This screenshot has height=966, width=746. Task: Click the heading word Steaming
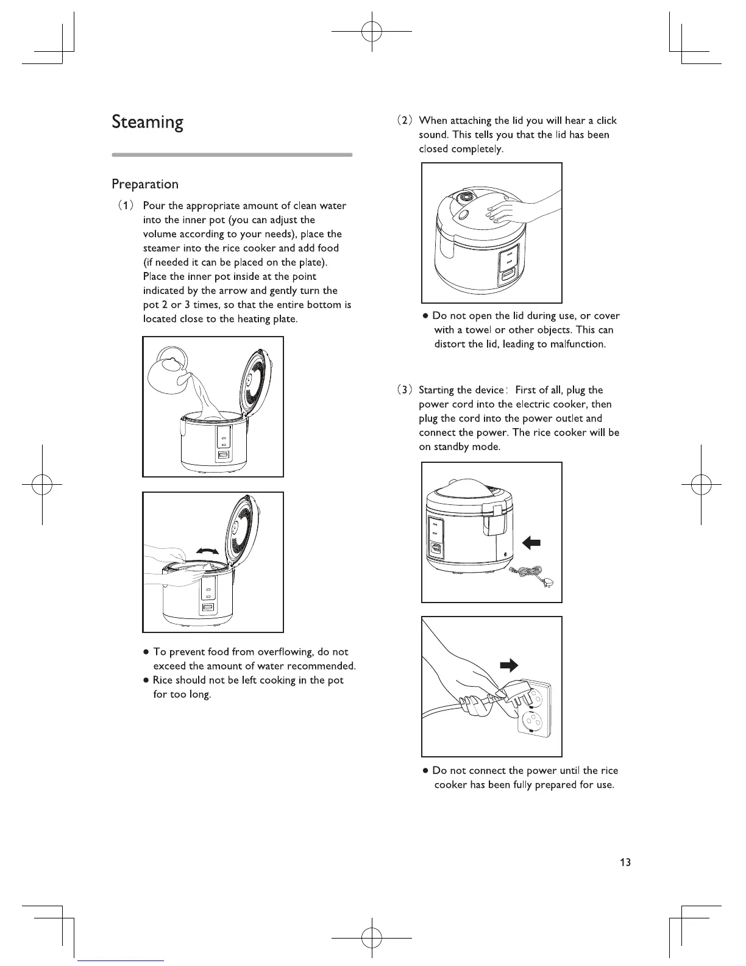tap(147, 123)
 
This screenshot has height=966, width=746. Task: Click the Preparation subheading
tap(145, 184)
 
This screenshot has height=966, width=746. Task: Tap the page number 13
tap(625, 862)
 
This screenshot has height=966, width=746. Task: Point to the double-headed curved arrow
tap(206, 551)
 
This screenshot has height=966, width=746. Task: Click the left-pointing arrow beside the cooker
tap(531, 542)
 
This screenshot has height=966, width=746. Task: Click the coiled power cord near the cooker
tap(530, 573)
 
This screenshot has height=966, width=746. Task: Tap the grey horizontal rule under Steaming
tap(232, 155)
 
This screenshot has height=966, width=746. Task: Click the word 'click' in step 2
tap(606, 121)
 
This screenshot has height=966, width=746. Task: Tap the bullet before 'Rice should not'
tap(146, 680)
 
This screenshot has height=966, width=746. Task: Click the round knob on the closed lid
tap(466, 198)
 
